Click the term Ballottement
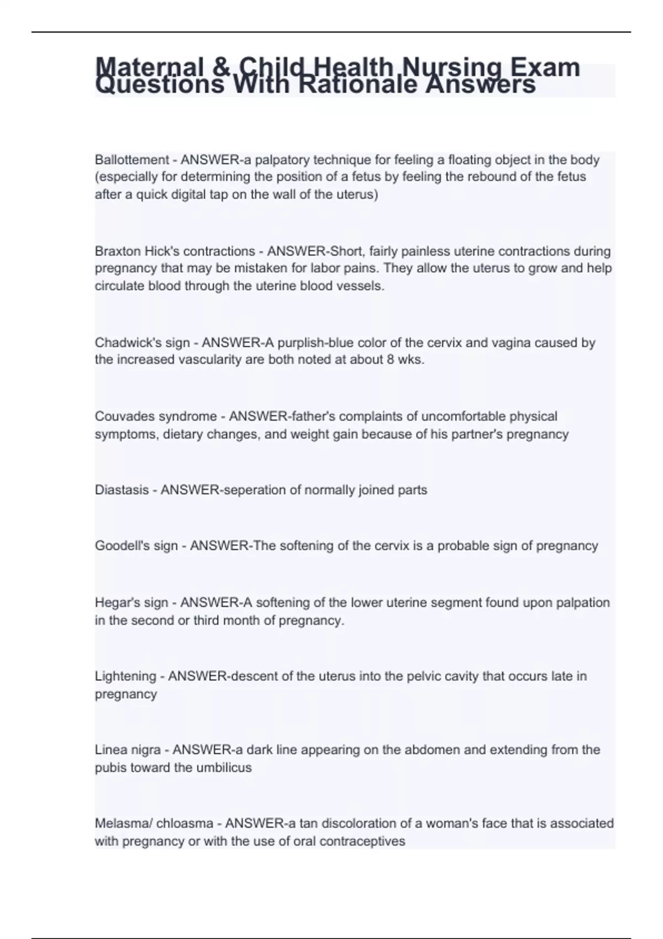pyautogui.click(x=131, y=160)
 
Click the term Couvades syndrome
pyautogui.click(x=156, y=416)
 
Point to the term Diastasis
pyautogui.click(x=122, y=490)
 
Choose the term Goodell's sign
pyautogui.click(x=136, y=546)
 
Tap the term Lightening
pyautogui.click(x=125, y=676)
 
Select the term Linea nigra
pyautogui.click(x=128, y=750)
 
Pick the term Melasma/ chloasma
pyautogui.click(x=154, y=824)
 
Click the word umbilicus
pyautogui.click(x=221, y=768)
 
